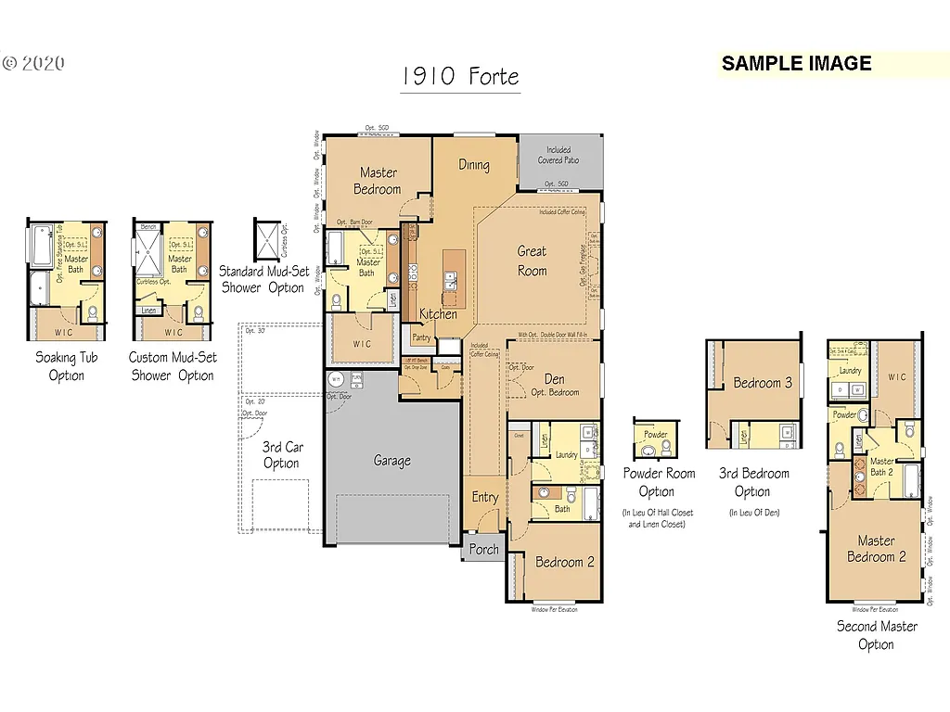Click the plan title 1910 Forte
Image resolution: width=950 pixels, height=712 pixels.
460,77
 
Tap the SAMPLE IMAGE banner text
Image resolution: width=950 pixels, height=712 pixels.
796,63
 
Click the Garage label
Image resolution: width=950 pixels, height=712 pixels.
392,461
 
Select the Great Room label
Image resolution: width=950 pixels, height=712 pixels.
532,261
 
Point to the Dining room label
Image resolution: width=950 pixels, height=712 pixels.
473,165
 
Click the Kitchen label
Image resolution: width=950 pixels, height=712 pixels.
437,314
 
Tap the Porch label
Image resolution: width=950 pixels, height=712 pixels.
483,549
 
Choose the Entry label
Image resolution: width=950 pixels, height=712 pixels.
484,498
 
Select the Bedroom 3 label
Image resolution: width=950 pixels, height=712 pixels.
763,383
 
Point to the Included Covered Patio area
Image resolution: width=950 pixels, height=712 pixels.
558,155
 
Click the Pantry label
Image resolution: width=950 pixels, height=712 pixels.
421,337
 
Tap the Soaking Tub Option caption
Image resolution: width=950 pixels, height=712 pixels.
66,366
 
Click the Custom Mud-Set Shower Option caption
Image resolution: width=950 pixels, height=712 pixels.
173,366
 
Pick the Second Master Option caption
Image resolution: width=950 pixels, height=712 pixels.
876,635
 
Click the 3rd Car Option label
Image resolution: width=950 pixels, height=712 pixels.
281,455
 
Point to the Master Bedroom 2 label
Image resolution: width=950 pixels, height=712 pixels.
876,549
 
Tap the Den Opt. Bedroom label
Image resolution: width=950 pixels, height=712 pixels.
555,385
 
